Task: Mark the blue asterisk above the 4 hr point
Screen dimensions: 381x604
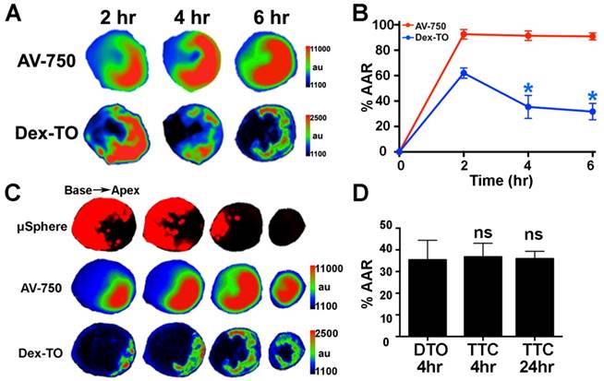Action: coord(526,89)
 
